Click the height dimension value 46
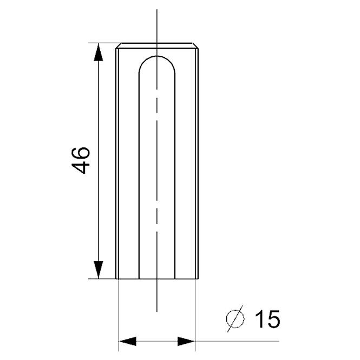point(81,160)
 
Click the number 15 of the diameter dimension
point(267,319)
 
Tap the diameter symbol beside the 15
point(235,319)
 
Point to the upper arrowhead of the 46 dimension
point(99,52)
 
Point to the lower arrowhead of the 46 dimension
point(99,270)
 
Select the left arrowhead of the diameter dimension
point(128,341)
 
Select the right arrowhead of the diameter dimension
point(186,341)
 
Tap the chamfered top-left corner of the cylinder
point(118,45)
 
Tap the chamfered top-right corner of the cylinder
point(195,45)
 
